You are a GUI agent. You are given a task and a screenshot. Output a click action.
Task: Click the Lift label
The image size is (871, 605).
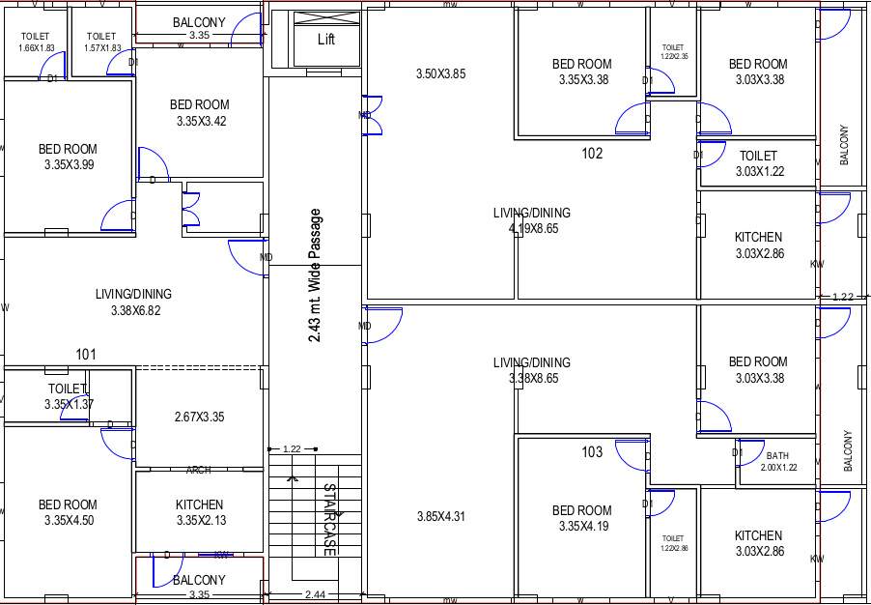pos(326,40)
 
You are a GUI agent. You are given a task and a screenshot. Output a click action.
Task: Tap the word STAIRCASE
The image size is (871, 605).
pos(329,519)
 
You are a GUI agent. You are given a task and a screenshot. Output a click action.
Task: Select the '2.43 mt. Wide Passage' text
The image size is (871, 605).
pos(315,275)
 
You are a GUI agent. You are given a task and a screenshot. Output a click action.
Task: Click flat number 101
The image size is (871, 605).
pos(86,355)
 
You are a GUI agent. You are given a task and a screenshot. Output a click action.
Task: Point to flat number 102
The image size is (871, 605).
pos(592,153)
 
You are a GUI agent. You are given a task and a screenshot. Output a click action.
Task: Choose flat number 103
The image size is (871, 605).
pos(592,451)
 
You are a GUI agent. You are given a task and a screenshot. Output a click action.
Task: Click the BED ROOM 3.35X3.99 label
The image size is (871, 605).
pos(68,158)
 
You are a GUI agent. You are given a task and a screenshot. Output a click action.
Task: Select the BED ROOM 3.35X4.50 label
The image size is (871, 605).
pos(68,513)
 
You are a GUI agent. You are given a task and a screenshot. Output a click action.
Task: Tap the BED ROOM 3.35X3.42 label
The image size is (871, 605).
pos(200,113)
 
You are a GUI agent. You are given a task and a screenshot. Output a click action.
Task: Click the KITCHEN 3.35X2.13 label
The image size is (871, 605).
pos(200,513)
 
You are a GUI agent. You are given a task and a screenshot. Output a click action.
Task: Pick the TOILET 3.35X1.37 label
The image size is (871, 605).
pos(69,396)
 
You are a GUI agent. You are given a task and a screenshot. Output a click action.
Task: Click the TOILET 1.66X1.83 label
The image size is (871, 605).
pos(36,43)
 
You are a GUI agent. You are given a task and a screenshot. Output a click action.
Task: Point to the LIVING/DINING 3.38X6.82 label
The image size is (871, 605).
pos(133,302)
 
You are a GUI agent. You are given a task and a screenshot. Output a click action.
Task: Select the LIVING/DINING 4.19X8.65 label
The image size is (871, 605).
pos(532,220)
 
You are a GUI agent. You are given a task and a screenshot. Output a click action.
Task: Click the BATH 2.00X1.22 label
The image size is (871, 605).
pos(777,461)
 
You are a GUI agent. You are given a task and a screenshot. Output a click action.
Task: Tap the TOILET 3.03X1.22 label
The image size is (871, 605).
pos(758,163)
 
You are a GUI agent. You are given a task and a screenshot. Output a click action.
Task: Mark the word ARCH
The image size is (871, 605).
pos(199,471)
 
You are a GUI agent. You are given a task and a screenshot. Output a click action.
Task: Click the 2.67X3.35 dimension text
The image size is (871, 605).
pos(200,418)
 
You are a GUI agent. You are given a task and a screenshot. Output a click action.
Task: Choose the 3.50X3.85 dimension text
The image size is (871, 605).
pos(441,73)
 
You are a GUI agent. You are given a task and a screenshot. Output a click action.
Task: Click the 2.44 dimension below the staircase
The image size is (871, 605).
pos(315,594)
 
